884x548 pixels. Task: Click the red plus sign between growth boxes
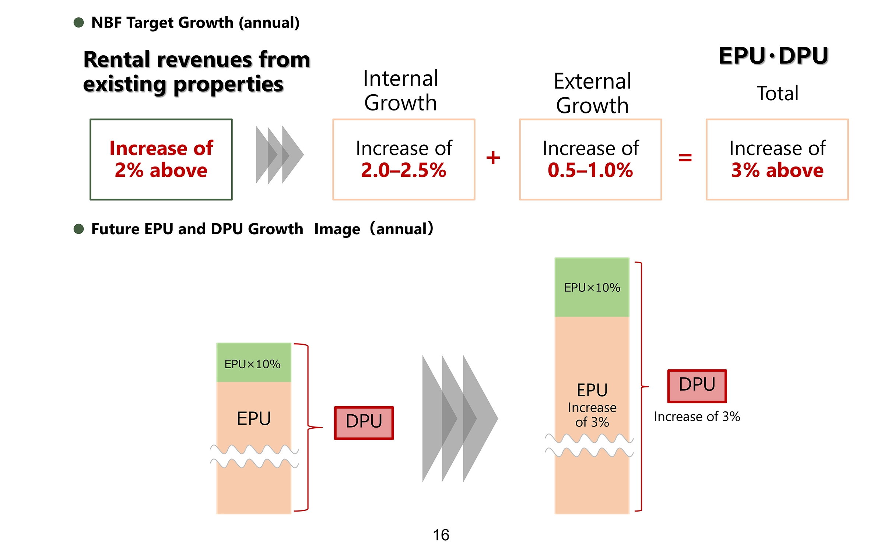(493, 158)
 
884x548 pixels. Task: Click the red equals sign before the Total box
(685, 158)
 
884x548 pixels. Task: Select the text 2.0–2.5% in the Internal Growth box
(404, 170)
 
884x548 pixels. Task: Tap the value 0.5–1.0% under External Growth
(590, 170)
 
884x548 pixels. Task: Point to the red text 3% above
(777, 170)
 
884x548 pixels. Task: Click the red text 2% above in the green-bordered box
(161, 170)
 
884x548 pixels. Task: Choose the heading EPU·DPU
(773, 56)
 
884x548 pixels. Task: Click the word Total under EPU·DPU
(778, 93)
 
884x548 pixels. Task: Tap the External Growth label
(592, 93)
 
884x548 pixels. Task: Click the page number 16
(441, 535)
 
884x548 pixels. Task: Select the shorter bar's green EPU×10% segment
(253, 363)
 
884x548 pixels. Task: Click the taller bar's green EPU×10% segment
(592, 287)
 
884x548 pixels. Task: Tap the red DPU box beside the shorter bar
(364, 423)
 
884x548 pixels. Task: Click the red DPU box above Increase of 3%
(697, 386)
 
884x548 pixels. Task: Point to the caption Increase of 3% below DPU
(697, 417)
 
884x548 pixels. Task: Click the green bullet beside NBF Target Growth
(79, 22)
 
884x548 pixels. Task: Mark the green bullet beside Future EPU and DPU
(79, 229)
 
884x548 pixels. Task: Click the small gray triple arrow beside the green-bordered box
(280, 155)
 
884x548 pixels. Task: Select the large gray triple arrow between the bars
(460, 418)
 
